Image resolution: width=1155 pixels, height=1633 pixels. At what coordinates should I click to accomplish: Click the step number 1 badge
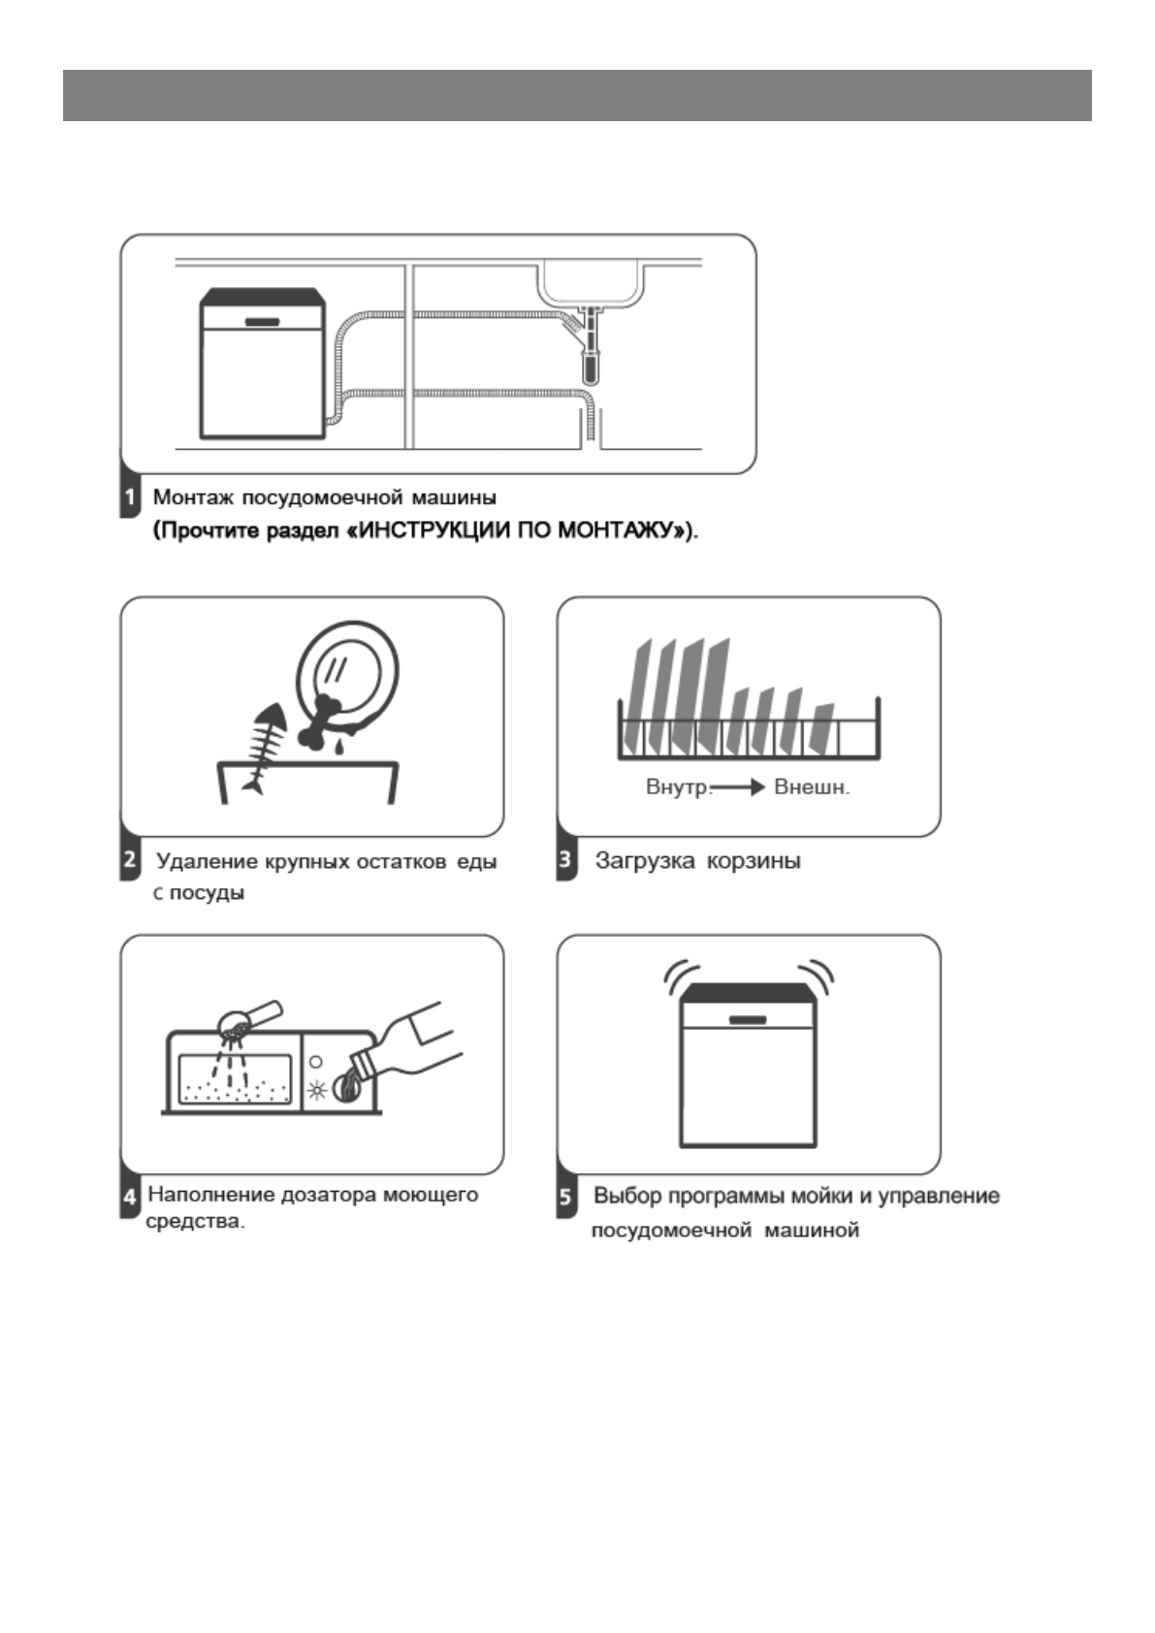pos(130,498)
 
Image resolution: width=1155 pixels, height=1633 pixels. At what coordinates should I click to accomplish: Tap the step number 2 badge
pos(130,860)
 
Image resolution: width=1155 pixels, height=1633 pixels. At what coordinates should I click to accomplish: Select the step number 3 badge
pos(566,860)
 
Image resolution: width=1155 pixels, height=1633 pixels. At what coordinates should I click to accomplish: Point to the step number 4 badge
pos(130,1197)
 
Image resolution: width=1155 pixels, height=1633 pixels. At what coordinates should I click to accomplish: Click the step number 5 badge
pos(566,1197)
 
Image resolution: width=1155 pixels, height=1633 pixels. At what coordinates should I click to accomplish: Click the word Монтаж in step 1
pos(193,497)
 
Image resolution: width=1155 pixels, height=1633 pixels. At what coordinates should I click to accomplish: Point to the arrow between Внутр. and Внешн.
pos(739,787)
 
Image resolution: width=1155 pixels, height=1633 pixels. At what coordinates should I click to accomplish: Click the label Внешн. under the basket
pos(812,787)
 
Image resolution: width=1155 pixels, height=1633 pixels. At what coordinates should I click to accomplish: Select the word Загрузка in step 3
pos(644,860)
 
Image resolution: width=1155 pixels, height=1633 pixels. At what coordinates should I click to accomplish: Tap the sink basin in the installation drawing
pos(592,283)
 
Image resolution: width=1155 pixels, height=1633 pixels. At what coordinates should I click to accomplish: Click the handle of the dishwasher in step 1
pos(262,322)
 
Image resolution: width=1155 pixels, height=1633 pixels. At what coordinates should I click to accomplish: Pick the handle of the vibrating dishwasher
pos(748,1020)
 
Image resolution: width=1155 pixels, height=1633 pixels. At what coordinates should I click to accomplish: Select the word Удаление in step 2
pos(207,861)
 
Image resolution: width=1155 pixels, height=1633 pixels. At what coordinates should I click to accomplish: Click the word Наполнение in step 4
pos(210,1195)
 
